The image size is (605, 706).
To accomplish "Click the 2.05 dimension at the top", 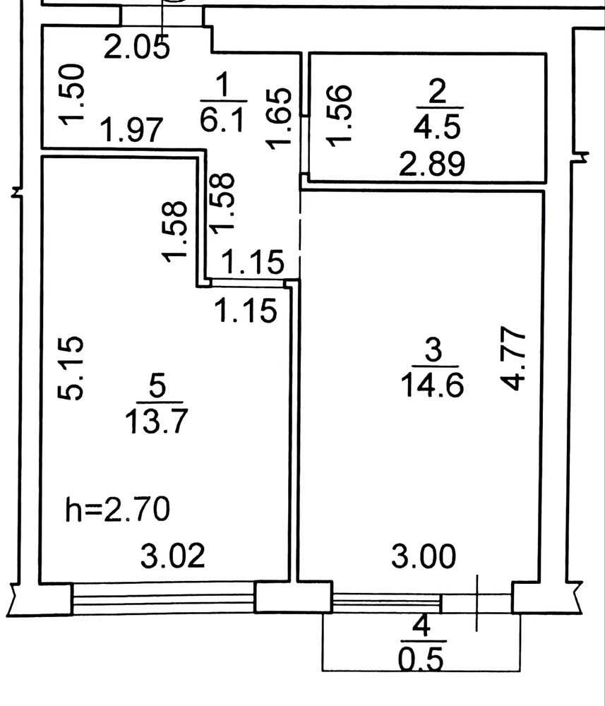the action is tap(136, 47).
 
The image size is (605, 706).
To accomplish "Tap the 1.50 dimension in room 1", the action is tap(71, 95).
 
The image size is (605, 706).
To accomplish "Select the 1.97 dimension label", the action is tap(131, 130).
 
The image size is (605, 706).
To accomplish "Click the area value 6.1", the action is tap(223, 120).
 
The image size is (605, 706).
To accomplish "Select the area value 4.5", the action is tap(437, 126).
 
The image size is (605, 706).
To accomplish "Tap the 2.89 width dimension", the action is tap(432, 164).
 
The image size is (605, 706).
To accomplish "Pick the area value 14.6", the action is tap(432, 385).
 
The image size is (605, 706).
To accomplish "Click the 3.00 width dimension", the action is tap(423, 556).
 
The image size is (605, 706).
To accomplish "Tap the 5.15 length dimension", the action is tap(71, 368).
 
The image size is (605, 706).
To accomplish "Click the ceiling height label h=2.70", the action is tap(118, 509).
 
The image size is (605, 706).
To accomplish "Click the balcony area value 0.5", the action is tap(421, 659).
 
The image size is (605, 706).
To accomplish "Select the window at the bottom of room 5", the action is tap(163, 599).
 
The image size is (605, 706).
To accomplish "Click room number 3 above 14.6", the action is tap(433, 350).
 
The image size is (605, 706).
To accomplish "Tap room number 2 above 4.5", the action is tap(437, 91).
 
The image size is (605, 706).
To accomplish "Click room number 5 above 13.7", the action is tap(157, 386).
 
